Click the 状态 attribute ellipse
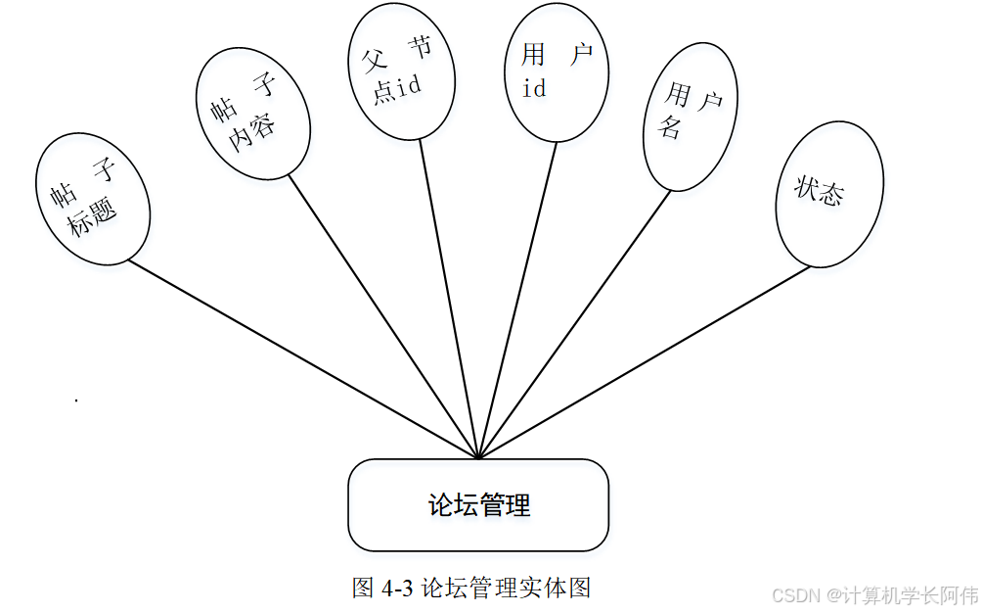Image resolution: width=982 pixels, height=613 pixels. coord(828,194)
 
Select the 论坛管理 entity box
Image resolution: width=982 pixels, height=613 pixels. coord(478,505)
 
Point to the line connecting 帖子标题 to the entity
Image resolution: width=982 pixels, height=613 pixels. coord(303,359)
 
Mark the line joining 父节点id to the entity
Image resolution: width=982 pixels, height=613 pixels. coord(450,299)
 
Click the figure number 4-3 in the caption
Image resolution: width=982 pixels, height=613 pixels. coord(396,588)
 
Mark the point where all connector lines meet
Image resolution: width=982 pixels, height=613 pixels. coord(478,457)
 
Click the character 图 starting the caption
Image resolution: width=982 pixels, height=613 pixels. coord(363,588)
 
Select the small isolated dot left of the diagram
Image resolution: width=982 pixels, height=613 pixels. coord(75,401)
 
